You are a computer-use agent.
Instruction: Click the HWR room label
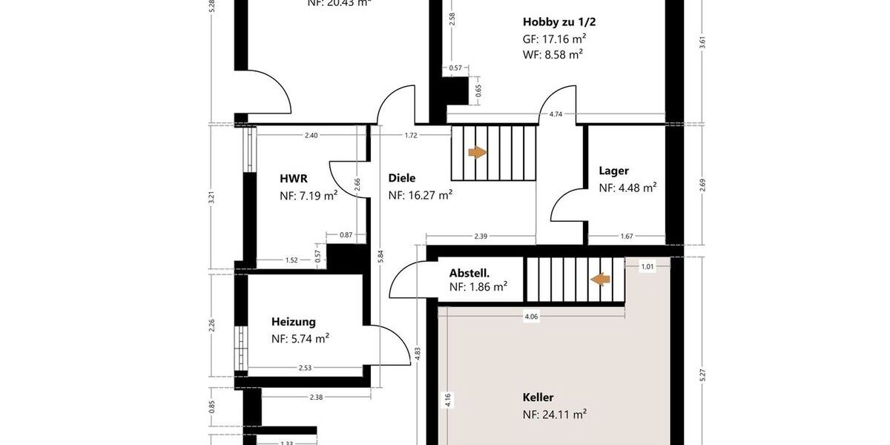294,179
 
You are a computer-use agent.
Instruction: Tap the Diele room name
402,178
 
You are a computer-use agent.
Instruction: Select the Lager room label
613,171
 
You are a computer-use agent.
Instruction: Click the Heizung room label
293,322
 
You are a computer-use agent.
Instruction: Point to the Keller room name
538,397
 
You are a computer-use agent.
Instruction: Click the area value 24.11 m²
563,415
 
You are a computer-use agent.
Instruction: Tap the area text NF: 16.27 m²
421,196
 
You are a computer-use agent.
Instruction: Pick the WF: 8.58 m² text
553,54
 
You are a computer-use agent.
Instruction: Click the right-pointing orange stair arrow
477,152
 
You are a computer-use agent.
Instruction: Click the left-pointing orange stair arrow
600,279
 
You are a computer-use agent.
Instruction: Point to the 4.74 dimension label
555,114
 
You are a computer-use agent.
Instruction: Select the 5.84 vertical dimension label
380,254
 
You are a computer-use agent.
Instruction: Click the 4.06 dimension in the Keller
531,317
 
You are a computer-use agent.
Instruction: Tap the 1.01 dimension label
647,266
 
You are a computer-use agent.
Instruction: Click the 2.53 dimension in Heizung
305,368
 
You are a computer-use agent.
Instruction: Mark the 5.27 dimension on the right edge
702,375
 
